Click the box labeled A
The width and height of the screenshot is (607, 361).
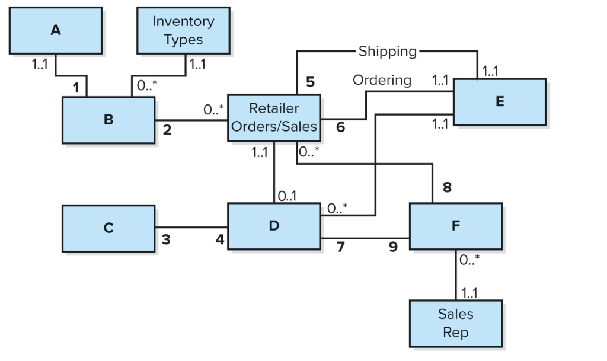(55, 30)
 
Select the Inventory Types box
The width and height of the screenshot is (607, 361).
(183, 30)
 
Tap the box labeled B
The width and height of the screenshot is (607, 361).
(108, 120)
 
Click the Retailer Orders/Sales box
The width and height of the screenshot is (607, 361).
(274, 117)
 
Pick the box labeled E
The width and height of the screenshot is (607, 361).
(499, 101)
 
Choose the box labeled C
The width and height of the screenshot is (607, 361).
(108, 228)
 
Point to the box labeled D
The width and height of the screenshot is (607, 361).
(274, 225)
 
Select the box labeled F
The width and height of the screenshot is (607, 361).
(455, 225)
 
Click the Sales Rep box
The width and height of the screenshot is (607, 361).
(455, 322)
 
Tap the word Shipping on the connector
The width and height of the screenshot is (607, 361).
(388, 52)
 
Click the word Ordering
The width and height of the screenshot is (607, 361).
(382, 79)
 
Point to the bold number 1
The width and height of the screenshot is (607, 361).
(76, 88)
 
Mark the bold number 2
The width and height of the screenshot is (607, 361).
(167, 130)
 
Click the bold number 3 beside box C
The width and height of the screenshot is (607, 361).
(166, 239)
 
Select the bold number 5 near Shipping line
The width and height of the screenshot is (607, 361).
(310, 82)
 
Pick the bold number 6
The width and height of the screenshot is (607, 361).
(340, 126)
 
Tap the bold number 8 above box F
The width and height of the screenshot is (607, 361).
(447, 188)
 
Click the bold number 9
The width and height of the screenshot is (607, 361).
(393, 247)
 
